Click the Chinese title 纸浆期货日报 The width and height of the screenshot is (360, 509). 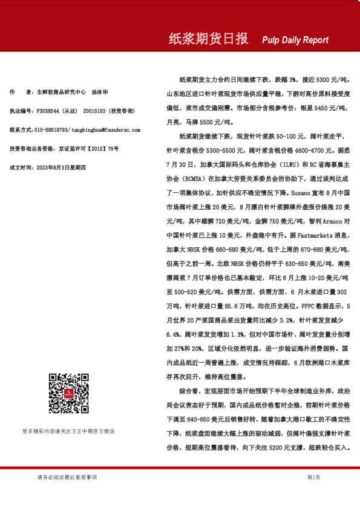pyautogui.click(x=208, y=39)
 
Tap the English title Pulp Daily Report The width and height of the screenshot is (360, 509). pyautogui.click(x=295, y=40)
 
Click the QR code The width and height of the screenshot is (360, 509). pyautogui.click(x=68, y=394)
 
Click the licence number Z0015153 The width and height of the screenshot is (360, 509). pyautogui.click(x=94, y=111)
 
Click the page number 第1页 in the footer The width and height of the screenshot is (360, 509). pyautogui.click(x=313, y=477)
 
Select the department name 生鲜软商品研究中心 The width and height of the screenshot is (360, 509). pyautogui.click(x=62, y=92)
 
